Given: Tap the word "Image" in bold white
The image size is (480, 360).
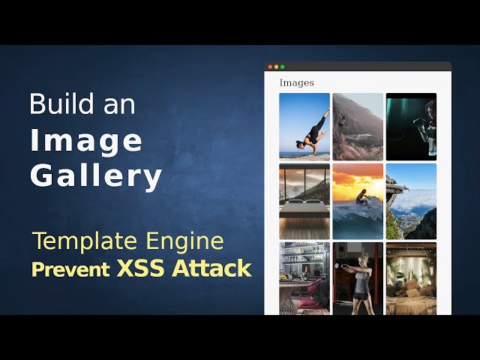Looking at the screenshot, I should (x=85, y=140).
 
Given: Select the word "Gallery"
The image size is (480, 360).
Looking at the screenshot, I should (x=95, y=176).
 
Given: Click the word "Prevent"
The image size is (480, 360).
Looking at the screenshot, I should (x=71, y=268).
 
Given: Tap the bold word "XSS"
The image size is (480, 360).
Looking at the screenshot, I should (x=141, y=268).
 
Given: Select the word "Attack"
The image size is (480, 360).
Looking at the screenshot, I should (x=212, y=268).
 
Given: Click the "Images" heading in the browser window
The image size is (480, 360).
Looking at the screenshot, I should (x=296, y=82).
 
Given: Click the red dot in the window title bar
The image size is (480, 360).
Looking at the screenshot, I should (x=270, y=67).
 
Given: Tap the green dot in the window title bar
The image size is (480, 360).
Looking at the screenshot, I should (x=282, y=67).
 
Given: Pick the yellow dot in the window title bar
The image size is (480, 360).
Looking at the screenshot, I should (x=276, y=67).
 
